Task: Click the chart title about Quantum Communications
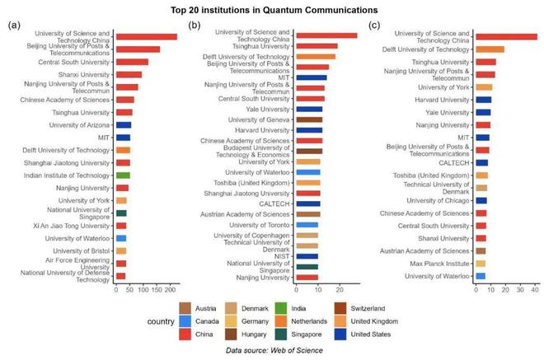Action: (271, 10)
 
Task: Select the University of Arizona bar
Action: (123, 125)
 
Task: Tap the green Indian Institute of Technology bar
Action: (123, 175)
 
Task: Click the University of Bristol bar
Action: (121, 250)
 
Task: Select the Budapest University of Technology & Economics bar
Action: (309, 151)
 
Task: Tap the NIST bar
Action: (307, 256)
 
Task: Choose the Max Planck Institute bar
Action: (481, 263)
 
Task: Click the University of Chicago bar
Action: (481, 200)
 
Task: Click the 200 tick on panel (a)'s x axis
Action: (171, 290)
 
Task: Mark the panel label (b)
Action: (195, 25)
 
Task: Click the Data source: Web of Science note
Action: (273, 351)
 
